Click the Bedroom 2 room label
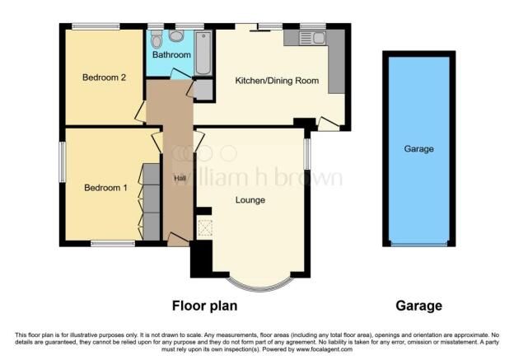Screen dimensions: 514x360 [105, 77]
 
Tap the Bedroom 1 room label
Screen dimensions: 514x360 [105, 188]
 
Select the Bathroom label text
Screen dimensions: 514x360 [171, 54]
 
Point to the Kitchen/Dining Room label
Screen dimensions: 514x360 [277, 81]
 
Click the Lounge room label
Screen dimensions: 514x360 [250, 200]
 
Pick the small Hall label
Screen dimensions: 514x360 [180, 179]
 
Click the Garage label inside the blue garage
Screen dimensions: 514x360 [418, 149]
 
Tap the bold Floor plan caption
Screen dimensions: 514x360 [204, 306]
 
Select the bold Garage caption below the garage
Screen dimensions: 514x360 [418, 306]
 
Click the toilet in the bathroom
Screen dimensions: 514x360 [157, 39]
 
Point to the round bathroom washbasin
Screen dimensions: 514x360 [176, 36]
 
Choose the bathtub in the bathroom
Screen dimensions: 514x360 [203, 54]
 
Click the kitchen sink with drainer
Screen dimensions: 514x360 [312, 38]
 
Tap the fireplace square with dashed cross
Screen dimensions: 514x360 [205, 228]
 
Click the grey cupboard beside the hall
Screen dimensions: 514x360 [203, 89]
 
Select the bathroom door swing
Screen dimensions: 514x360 [180, 74]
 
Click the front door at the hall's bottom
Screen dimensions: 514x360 [178, 240]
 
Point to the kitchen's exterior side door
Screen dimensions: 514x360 [329, 124]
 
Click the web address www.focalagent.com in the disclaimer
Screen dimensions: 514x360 [325, 349]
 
